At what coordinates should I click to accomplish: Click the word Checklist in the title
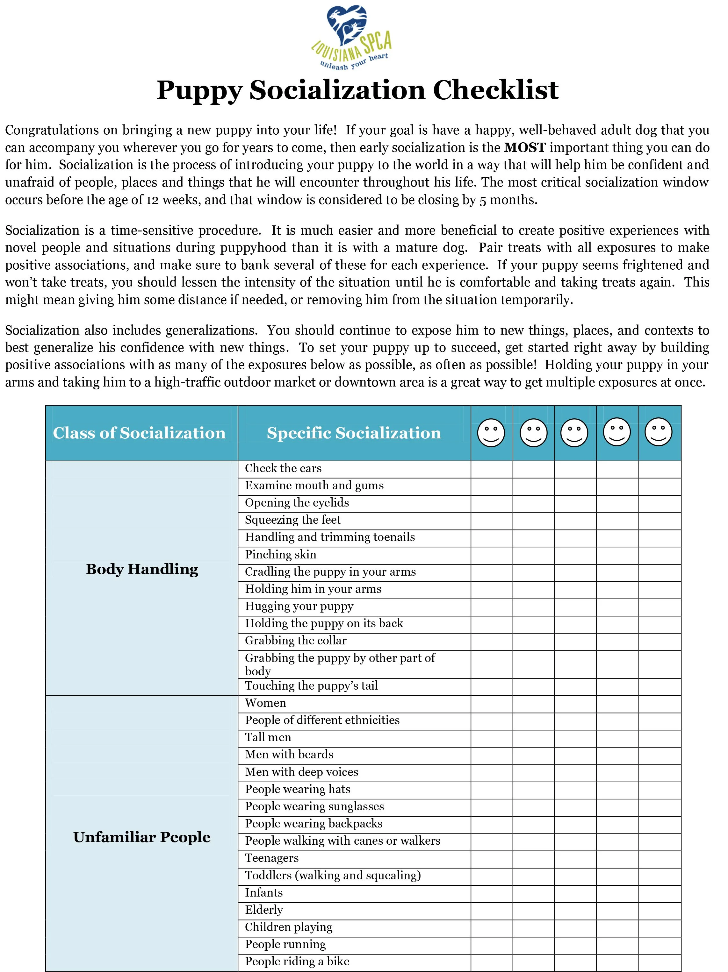(x=495, y=90)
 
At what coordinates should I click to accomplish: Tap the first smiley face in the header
(x=491, y=433)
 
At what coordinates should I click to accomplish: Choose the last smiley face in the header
(x=658, y=432)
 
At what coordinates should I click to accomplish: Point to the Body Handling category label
(x=142, y=569)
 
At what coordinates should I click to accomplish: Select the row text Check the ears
(x=283, y=468)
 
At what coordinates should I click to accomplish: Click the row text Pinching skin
(x=280, y=555)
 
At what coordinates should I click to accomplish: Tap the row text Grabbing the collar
(x=295, y=641)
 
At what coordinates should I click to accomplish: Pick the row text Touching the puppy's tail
(x=311, y=686)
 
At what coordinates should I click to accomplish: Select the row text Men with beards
(x=289, y=755)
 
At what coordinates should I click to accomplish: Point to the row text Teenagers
(x=272, y=858)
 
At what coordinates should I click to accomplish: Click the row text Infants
(x=264, y=892)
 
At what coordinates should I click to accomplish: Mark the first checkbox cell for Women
(x=492, y=704)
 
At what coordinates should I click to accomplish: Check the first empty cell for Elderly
(x=492, y=910)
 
